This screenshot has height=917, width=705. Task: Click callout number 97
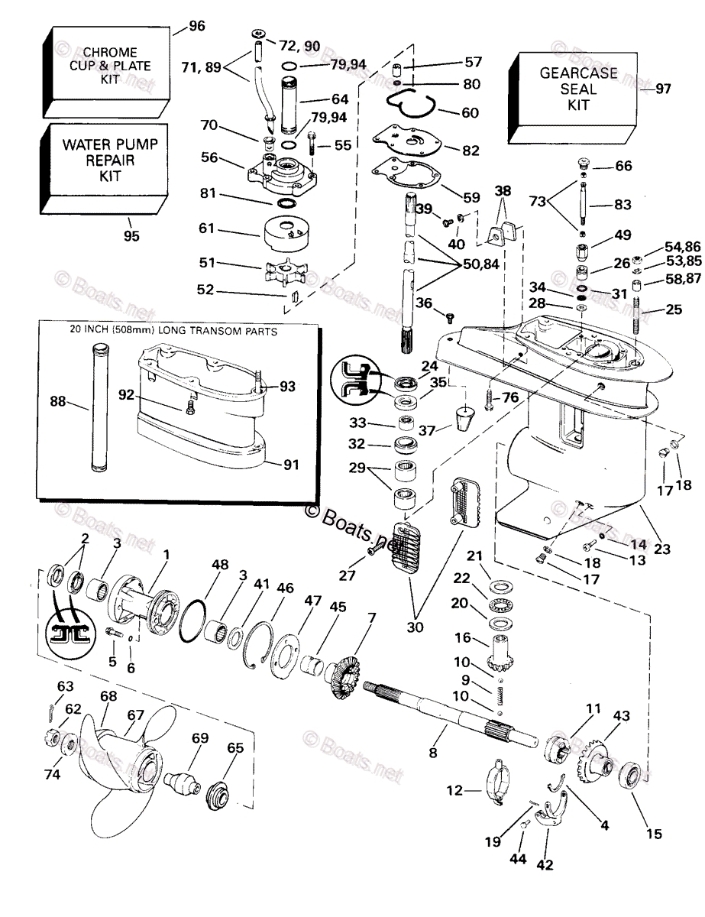(662, 89)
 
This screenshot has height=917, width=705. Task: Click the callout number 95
(131, 236)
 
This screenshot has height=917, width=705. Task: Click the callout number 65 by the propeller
(234, 748)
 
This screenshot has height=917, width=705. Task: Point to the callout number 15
(654, 834)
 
